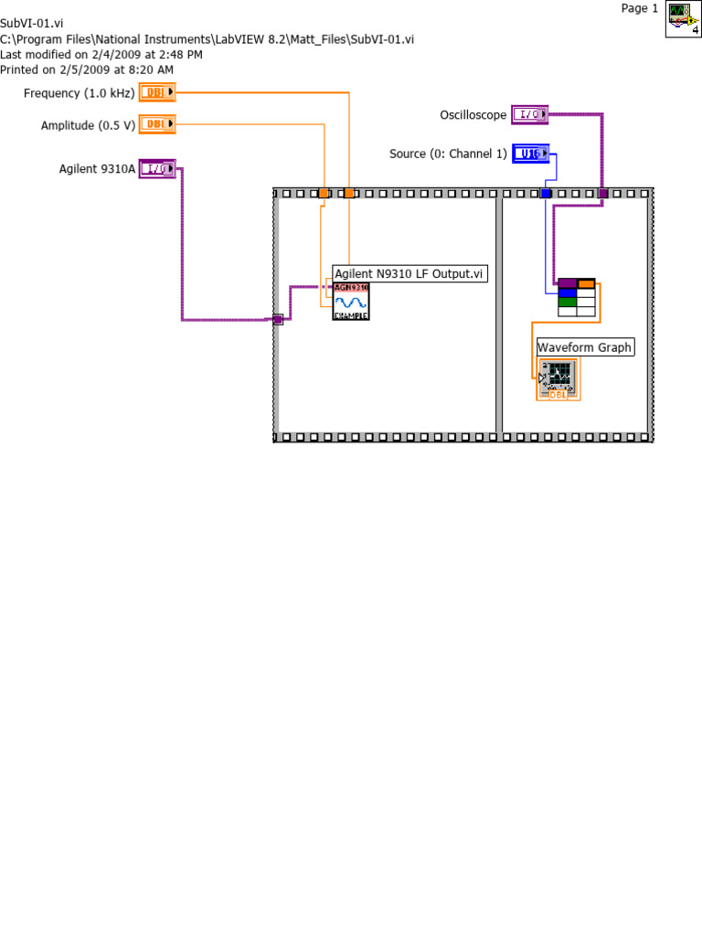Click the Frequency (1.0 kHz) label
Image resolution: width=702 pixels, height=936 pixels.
click(x=79, y=93)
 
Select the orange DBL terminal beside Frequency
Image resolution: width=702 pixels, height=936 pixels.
click(x=157, y=92)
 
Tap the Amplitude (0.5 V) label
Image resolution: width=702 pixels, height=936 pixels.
click(x=88, y=125)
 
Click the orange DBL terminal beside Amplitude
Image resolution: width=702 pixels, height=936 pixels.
click(x=157, y=124)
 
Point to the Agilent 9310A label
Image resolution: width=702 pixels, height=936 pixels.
click(x=97, y=169)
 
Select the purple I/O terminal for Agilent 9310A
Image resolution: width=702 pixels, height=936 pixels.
click(x=157, y=168)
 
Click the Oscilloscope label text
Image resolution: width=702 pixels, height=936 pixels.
click(x=473, y=115)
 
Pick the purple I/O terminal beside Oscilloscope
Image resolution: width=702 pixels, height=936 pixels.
click(x=529, y=114)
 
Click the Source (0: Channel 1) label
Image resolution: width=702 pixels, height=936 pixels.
click(x=447, y=154)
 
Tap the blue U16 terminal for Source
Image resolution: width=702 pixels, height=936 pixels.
click(x=530, y=154)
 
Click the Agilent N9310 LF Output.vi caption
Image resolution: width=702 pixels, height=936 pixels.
click(x=409, y=273)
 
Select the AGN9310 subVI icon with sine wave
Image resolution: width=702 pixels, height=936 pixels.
click(x=351, y=301)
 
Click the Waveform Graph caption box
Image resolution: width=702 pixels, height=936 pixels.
click(x=584, y=347)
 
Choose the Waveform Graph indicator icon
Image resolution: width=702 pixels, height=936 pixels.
click(x=558, y=379)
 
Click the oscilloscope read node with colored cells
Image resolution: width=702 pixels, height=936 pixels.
click(x=576, y=297)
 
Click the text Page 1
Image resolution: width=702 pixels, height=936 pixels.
click(x=639, y=8)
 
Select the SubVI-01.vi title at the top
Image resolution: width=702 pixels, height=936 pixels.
click(x=32, y=23)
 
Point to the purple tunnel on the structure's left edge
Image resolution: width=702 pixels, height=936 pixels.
click(x=278, y=319)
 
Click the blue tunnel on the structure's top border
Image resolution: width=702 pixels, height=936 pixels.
click(x=546, y=193)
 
